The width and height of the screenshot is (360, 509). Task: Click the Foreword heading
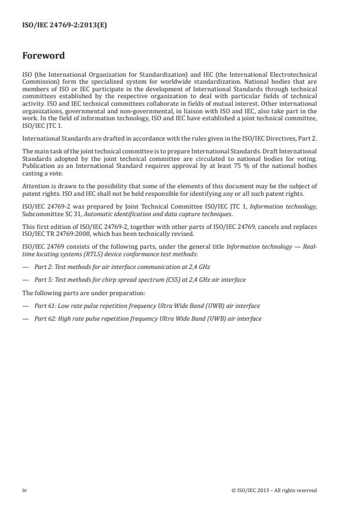[44, 56]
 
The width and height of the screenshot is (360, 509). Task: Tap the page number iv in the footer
[24, 490]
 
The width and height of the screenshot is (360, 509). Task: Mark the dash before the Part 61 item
[26, 306]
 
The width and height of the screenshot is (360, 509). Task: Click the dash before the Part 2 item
[26, 267]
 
